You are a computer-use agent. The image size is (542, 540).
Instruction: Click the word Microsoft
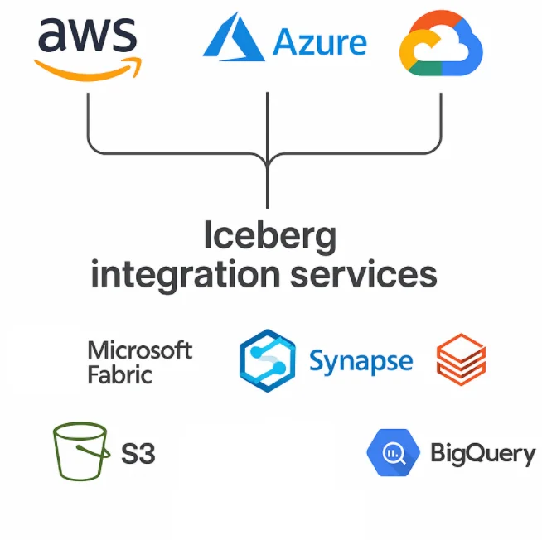tap(140, 350)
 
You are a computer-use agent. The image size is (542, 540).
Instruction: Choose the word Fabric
tap(120, 374)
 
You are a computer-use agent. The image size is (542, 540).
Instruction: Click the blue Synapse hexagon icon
tap(267, 360)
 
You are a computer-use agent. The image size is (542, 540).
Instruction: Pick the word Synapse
tap(361, 361)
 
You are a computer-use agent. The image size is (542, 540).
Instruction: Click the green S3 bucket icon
tap(80, 451)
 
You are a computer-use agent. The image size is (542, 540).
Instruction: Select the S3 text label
tap(138, 454)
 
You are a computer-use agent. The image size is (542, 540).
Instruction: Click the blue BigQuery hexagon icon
tap(394, 452)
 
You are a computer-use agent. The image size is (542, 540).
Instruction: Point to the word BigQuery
tap(482, 453)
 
